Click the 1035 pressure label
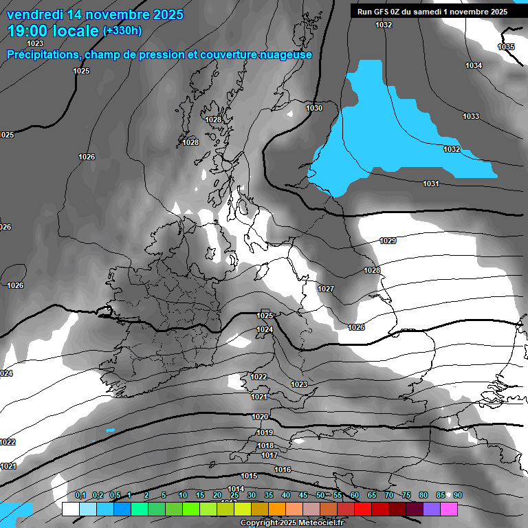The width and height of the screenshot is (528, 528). tap(505, 47)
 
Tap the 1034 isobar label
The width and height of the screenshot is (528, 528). tap(474, 65)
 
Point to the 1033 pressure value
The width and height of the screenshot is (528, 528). tap(471, 116)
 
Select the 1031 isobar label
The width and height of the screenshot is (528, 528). tap(431, 184)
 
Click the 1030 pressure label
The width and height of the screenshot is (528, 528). tap(314, 109)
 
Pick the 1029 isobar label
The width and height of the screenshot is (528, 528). tap(388, 241)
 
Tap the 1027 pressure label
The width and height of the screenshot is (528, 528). tap(326, 289)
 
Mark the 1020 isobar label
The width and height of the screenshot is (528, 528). tap(260, 417)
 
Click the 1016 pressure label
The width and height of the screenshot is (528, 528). tap(283, 470)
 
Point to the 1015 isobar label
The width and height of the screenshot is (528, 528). tap(249, 476)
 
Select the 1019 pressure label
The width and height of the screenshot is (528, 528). tap(265, 432)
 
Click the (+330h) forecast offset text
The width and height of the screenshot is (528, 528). tap(122, 30)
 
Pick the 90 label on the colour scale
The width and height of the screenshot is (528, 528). tap(458, 495)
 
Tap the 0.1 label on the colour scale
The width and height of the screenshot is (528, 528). tap(80, 495)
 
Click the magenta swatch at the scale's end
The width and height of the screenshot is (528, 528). tap(448, 509)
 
